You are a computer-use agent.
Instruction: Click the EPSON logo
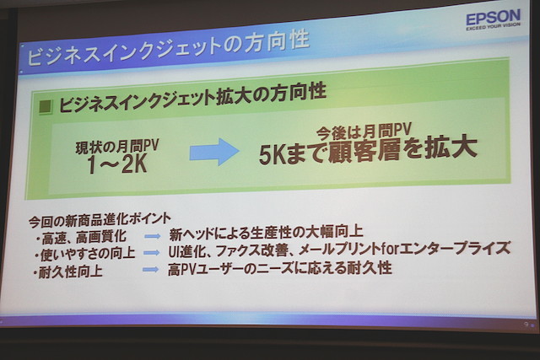coord(493,20)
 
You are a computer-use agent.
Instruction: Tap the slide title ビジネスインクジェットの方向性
coord(168,48)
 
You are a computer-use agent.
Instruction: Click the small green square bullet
coord(46,107)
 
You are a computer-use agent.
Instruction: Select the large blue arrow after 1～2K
coord(214,151)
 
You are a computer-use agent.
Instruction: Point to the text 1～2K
coord(117,164)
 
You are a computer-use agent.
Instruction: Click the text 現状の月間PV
coord(117,146)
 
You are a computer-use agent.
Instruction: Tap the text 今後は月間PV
coord(364,132)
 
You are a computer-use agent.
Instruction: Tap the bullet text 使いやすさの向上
coord(88,254)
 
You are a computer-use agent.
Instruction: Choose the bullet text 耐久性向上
coord(71,271)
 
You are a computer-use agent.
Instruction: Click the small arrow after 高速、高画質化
coord(152,236)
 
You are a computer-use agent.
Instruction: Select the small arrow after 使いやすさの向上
coord(152,253)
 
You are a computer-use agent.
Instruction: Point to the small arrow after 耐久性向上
coord(151,270)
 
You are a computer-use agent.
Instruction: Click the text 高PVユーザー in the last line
coord(204,269)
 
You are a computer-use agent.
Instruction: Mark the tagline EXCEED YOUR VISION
coord(493,26)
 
